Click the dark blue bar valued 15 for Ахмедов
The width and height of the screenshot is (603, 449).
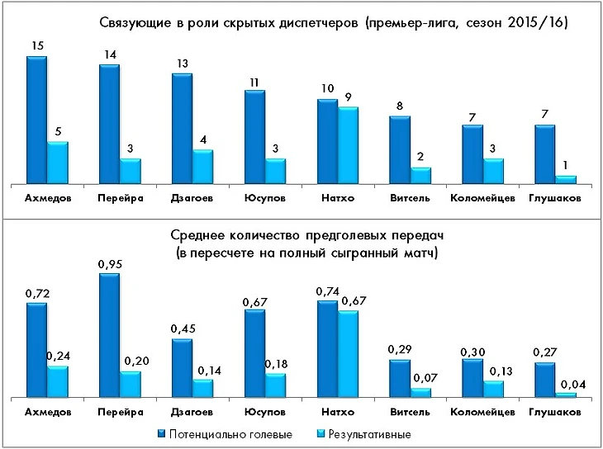[36, 120]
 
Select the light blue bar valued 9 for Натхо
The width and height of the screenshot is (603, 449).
[348, 145]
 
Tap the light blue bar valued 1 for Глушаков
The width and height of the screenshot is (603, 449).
[565, 179]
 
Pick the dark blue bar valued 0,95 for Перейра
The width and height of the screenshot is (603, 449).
[109, 335]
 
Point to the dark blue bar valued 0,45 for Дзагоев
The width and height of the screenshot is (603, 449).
[182, 368]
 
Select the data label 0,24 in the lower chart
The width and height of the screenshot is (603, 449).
[58, 356]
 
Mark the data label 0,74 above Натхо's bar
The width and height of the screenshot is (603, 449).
[327, 291]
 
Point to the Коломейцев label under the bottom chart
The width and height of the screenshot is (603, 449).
[482, 411]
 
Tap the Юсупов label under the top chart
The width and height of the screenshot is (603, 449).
[265, 199]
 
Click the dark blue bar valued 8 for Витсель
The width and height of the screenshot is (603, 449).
[400, 149]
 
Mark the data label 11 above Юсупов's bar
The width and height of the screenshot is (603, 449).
[254, 81]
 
